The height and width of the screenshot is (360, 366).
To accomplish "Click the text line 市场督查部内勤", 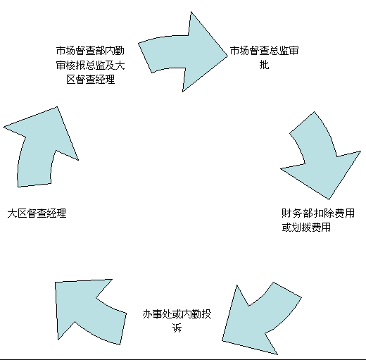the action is click(x=90, y=51).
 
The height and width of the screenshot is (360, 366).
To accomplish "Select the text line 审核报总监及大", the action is click(x=90, y=65).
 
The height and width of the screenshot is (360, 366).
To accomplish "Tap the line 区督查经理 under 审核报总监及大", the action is click(x=91, y=80).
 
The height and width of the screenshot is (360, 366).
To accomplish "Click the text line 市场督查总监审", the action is click(x=264, y=51).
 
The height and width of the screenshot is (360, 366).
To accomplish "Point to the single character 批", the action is click(x=264, y=65).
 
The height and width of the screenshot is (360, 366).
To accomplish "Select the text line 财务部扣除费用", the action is click(x=318, y=213).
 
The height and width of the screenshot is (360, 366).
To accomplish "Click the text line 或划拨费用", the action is click(x=306, y=228).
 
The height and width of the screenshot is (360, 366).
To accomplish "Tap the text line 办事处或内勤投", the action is click(x=177, y=314).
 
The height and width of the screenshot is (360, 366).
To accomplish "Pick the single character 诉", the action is click(x=177, y=328).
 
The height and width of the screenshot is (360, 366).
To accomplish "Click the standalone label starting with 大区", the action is click(x=37, y=213).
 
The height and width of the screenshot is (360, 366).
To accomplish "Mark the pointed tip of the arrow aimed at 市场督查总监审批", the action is click(x=227, y=56).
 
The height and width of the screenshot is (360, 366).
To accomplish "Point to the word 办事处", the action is click(x=157, y=314).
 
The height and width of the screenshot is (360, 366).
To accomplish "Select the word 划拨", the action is click(x=301, y=228).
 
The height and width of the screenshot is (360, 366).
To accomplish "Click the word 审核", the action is click(x=65, y=65).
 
